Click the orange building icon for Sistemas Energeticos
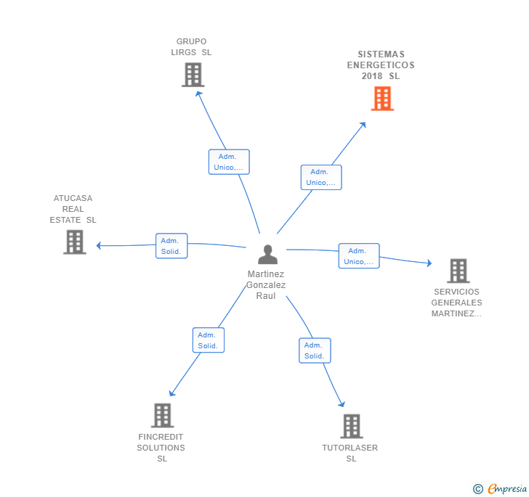(382, 99)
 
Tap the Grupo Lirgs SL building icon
(193, 75)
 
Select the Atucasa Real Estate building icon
(75, 242)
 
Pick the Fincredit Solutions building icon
(162, 416)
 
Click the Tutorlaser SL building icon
(351, 427)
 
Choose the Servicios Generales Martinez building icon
(458, 271)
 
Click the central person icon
(267, 255)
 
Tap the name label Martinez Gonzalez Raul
(266, 285)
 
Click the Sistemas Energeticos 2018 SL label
(381, 65)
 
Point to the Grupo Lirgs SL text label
(191, 47)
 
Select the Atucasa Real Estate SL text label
(73, 209)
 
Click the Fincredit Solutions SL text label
(161, 448)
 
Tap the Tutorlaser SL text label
(350, 453)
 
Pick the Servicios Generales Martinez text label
(456, 303)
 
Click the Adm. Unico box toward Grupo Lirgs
(229, 162)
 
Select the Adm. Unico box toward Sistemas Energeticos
(321, 177)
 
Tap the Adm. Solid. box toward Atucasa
(171, 246)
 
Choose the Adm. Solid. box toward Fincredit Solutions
(209, 340)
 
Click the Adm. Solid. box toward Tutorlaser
(315, 350)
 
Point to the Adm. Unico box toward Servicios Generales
(359, 256)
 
